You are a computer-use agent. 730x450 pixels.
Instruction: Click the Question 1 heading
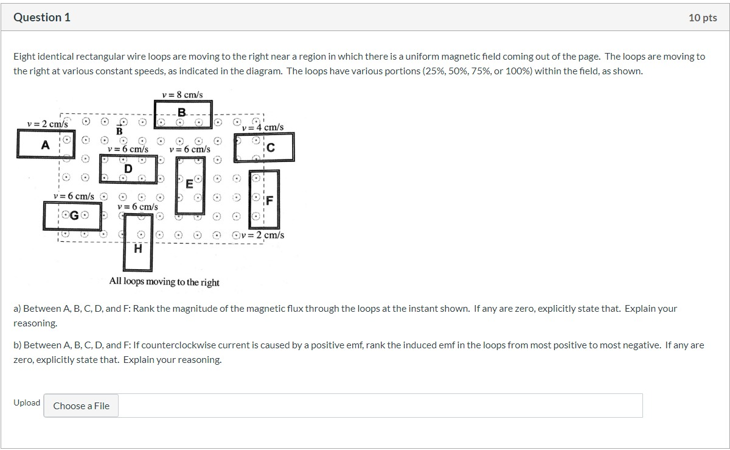click(42, 18)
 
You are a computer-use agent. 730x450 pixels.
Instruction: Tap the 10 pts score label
click(703, 18)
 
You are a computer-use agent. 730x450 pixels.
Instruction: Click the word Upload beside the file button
click(27, 403)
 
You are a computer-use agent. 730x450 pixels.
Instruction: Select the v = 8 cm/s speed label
click(182, 94)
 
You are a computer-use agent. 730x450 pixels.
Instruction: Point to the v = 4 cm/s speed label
click(263, 127)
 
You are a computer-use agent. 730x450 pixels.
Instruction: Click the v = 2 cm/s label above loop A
click(47, 124)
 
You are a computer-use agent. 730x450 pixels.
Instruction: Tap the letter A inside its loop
click(45, 145)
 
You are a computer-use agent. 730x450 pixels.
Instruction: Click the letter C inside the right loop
click(271, 147)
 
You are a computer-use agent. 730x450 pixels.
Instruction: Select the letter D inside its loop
click(128, 168)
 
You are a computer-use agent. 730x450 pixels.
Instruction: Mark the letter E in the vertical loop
click(189, 183)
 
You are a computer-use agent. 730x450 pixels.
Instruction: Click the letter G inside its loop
click(74, 216)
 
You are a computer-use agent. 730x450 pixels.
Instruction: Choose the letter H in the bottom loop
click(138, 248)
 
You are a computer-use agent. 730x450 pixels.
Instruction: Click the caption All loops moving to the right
click(164, 282)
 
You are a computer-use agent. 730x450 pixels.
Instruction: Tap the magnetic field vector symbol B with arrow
click(119, 130)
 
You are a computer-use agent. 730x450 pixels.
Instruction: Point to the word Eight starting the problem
click(24, 56)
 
